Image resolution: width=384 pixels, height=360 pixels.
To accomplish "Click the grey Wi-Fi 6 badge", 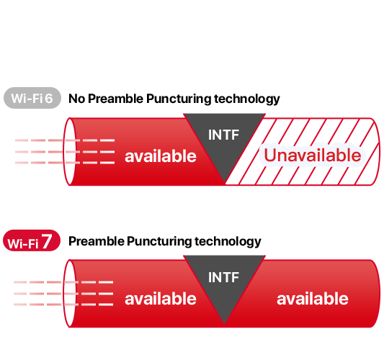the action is (32, 98).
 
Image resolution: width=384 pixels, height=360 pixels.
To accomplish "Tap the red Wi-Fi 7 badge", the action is (32, 240).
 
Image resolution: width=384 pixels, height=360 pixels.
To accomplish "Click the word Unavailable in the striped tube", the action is (313, 155).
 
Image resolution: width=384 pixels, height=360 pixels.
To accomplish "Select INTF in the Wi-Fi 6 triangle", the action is (223, 135).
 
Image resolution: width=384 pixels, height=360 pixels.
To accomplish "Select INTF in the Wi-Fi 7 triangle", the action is (223, 277).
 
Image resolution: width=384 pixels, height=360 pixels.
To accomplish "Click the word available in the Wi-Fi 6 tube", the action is (161, 156).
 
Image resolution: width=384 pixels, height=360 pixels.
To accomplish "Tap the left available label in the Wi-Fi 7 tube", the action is (161, 298).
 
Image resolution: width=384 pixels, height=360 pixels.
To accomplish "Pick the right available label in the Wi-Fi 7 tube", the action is (313, 298).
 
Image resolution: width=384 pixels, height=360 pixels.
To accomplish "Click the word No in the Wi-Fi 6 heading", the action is (77, 99).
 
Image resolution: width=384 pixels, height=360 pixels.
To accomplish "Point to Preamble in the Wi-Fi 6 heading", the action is (115, 99).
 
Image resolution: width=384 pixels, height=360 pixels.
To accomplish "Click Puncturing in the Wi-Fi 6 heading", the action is (179, 99).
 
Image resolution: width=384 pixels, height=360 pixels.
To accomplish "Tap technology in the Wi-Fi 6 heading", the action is (247, 99).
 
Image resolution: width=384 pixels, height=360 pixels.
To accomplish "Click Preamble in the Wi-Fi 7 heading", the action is (97, 241).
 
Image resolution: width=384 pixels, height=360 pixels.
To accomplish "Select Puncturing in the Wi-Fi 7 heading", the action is (159, 242).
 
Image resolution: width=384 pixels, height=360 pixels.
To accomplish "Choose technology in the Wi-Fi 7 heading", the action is (228, 242).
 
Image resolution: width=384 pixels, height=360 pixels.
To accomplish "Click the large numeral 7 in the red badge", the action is (47, 240).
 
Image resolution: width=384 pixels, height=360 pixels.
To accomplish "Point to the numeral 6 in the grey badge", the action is (49, 99).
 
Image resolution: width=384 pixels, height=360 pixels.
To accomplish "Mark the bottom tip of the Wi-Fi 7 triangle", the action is (224, 324).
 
